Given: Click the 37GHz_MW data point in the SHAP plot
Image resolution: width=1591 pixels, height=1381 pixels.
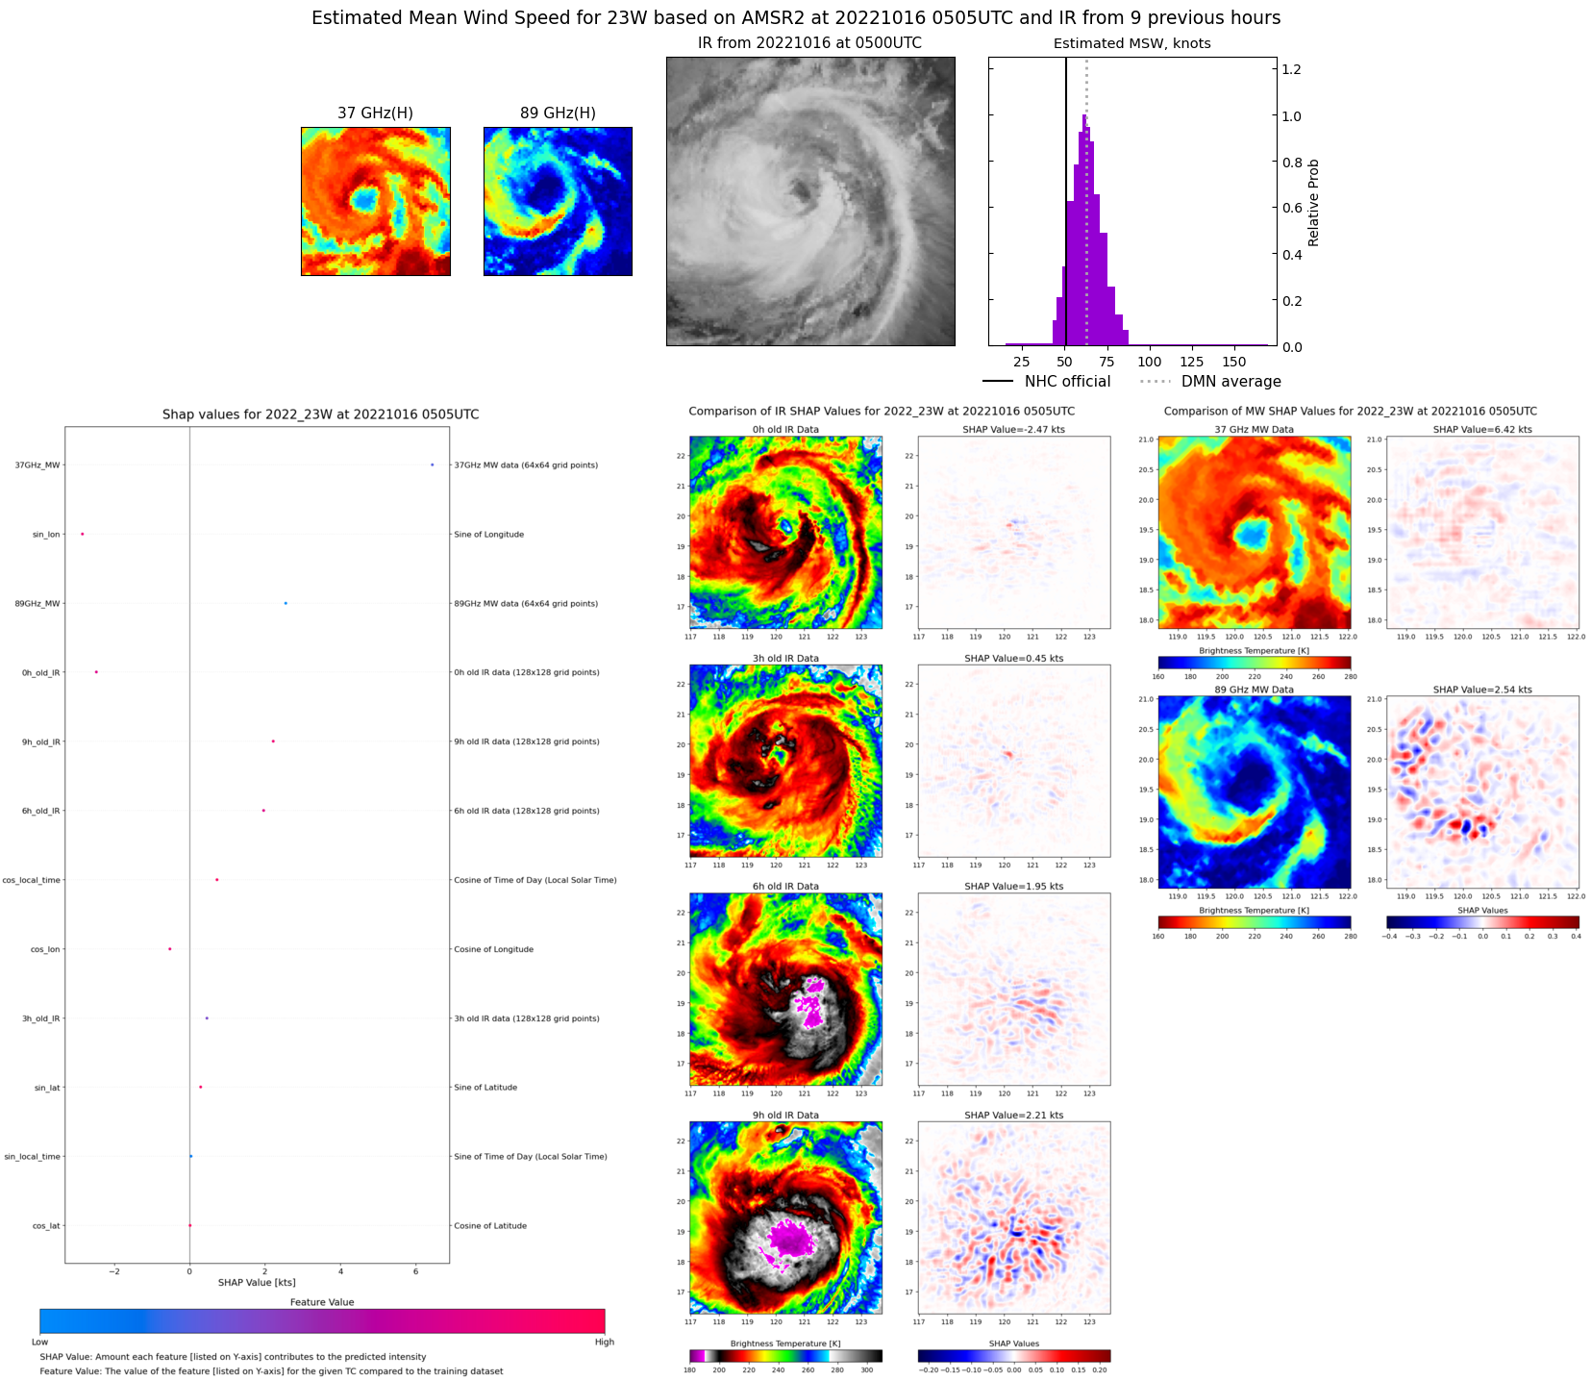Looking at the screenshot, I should (432, 465).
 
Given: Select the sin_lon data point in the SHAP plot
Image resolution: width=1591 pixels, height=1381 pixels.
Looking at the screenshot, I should (82, 534).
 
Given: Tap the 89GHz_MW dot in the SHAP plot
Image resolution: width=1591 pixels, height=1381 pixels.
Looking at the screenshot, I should (286, 603).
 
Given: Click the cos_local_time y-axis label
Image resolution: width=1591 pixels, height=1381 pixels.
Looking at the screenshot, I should (32, 880).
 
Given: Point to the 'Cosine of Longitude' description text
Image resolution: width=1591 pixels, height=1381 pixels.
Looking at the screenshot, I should (493, 949).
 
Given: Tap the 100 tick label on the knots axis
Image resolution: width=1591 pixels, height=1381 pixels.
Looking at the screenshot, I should (1149, 363).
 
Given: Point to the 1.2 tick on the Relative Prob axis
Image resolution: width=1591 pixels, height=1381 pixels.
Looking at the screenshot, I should (1291, 69).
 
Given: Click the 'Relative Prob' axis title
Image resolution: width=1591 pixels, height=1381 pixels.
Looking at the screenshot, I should (1313, 202).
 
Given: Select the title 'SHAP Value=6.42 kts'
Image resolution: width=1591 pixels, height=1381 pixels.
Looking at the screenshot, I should (1482, 430).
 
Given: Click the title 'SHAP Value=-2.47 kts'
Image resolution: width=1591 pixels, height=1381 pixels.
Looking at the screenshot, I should (1013, 430).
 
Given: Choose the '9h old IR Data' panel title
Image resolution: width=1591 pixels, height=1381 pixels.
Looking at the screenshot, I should (785, 1116).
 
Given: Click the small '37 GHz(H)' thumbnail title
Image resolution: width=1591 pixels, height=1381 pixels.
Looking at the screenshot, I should (375, 113).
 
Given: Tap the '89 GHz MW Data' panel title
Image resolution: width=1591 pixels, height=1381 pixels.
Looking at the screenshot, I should (1254, 690).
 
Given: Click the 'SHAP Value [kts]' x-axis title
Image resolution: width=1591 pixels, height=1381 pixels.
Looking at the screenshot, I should (257, 1282).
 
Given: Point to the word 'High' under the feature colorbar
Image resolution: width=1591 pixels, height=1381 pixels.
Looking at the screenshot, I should (604, 1342).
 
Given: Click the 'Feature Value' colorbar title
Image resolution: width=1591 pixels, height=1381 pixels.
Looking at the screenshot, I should (322, 1302).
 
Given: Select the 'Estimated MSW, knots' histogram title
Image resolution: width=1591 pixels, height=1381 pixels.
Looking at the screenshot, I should (1131, 43).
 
